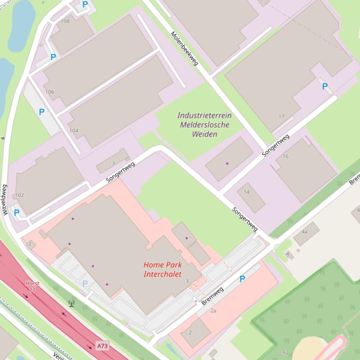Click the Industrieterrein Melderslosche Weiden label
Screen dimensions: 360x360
click(x=204, y=124)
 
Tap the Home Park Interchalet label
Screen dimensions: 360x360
click(x=163, y=269)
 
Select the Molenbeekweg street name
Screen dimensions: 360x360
click(x=184, y=48)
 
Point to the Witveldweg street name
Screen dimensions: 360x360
click(x=5, y=200)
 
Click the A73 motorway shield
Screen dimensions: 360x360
click(x=102, y=346)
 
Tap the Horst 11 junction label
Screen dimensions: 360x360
click(x=32, y=287)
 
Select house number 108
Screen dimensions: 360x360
click(x=65, y=21)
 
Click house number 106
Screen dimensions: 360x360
click(x=50, y=92)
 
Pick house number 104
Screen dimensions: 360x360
click(x=74, y=130)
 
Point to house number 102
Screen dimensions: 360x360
click(x=20, y=195)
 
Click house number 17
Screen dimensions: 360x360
click(x=281, y=116)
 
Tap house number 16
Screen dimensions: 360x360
click(x=285, y=156)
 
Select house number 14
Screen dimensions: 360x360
click(x=246, y=192)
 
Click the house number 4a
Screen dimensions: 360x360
click(x=305, y=231)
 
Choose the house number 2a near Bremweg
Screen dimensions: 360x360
click(x=213, y=310)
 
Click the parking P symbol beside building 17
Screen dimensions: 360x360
click(x=324, y=86)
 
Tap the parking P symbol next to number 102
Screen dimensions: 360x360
click(x=17, y=212)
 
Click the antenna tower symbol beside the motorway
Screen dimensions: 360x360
click(x=71, y=303)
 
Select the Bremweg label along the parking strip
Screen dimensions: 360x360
click(x=212, y=296)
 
